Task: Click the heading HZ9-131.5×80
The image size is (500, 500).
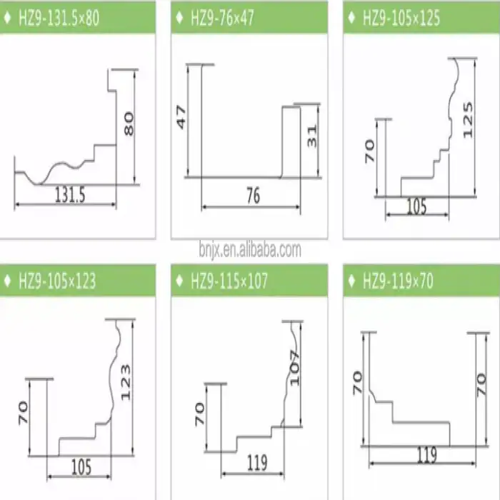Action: point(59,18)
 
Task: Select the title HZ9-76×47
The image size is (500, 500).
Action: point(223,18)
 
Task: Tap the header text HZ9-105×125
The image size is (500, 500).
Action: point(401,18)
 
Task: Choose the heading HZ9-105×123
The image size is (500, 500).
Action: point(57,281)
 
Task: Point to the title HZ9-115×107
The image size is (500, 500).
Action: point(229,281)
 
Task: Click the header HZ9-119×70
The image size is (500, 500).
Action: point(399,281)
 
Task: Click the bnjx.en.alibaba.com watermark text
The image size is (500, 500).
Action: point(250,250)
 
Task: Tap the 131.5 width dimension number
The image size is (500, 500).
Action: point(70,194)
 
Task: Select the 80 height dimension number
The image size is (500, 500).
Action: point(129,124)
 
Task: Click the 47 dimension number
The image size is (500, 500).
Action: point(181,117)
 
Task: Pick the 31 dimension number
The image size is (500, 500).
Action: point(312,136)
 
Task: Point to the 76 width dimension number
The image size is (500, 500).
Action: point(254,196)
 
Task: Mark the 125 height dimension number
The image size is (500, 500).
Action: point(467,120)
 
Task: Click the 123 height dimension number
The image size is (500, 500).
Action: point(126,382)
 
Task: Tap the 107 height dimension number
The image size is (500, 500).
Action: point(295,368)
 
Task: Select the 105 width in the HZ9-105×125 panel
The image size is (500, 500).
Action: point(416,206)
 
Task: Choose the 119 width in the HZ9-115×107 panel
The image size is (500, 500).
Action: point(257,463)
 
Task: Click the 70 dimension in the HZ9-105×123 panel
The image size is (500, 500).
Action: point(23,413)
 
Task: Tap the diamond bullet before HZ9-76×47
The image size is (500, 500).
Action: point(179,18)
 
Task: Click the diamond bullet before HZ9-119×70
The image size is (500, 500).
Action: point(351,281)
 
